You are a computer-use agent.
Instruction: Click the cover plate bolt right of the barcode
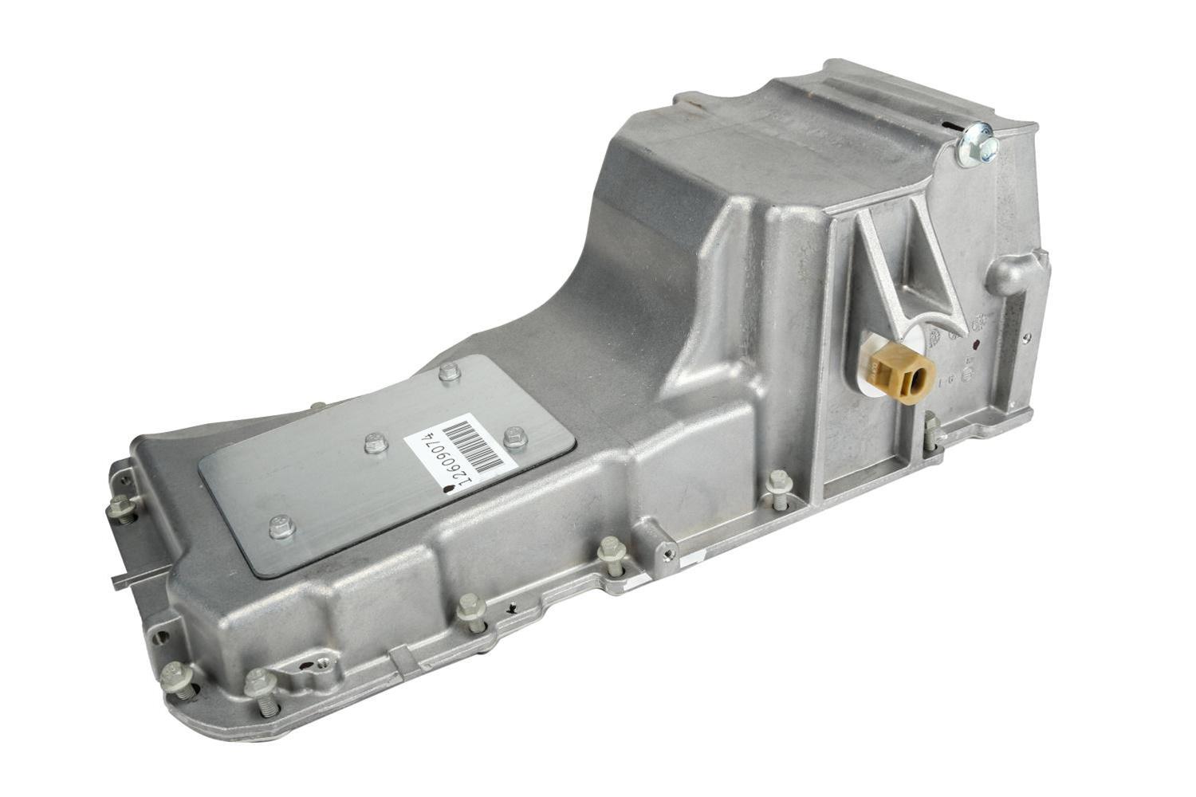coord(513,436)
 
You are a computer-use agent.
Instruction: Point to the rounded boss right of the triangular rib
coord(1008,275)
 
